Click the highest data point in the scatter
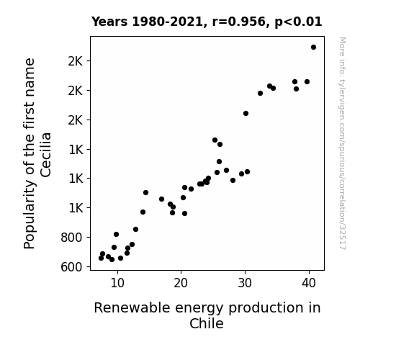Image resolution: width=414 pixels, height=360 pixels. [x=313, y=48]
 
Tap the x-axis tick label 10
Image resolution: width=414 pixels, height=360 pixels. [x=117, y=284]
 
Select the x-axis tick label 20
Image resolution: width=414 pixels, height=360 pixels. [x=181, y=284]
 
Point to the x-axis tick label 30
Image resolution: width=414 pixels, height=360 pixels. [x=245, y=284]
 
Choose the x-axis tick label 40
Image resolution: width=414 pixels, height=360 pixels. [x=309, y=284]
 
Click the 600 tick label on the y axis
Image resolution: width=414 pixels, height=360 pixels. [x=71, y=267]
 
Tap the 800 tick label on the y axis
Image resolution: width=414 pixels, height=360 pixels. [x=71, y=238]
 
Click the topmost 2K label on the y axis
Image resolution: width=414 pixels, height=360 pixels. [x=76, y=61]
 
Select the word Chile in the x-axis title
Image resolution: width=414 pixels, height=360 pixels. [x=207, y=323]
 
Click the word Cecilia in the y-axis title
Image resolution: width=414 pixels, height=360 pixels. [x=45, y=155]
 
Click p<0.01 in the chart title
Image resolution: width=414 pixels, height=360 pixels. [x=298, y=22]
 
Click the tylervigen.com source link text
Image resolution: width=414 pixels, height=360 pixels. [x=342, y=143]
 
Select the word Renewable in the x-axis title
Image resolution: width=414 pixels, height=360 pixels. [x=132, y=307]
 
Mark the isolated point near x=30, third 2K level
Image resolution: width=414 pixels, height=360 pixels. [x=246, y=113]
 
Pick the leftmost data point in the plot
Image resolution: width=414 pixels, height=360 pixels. [x=101, y=258]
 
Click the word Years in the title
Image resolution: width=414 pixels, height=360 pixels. [x=109, y=22]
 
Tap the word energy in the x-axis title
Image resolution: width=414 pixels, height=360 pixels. [x=199, y=308]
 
